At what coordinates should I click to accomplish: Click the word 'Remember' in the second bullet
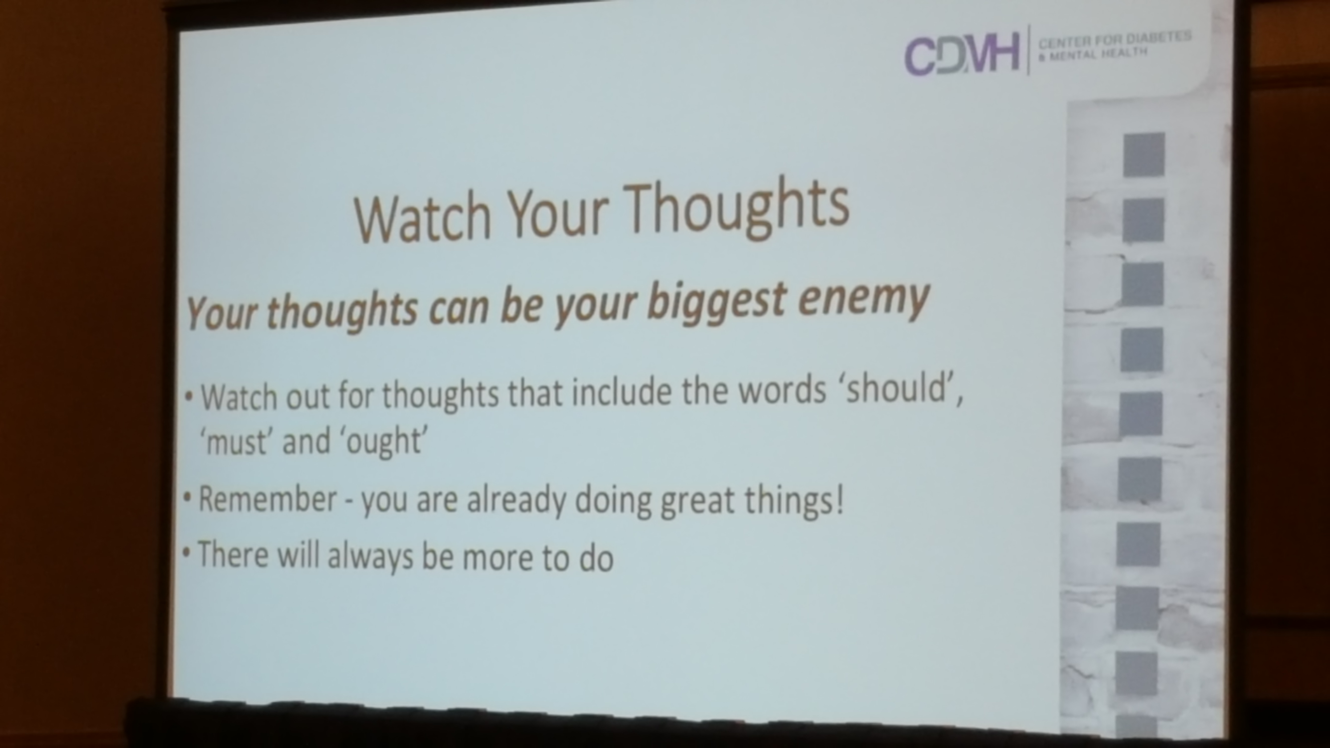pos(267,499)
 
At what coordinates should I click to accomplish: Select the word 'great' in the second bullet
pos(697,501)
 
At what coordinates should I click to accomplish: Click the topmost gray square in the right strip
pos(1144,154)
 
